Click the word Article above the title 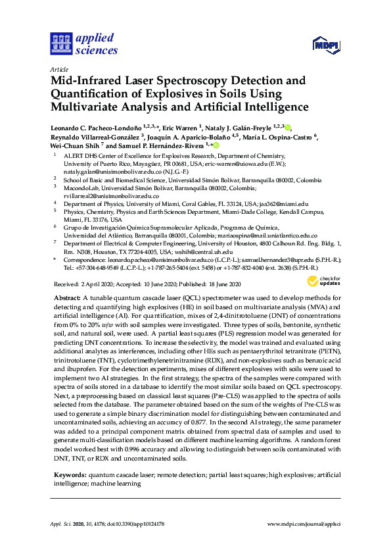pos(59,68)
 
